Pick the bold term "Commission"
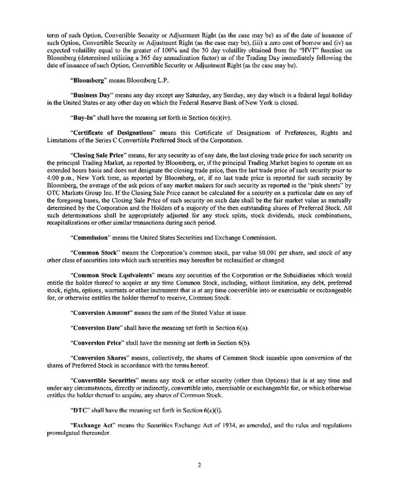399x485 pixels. [x=90, y=237]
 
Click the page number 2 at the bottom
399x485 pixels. [x=199, y=464]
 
